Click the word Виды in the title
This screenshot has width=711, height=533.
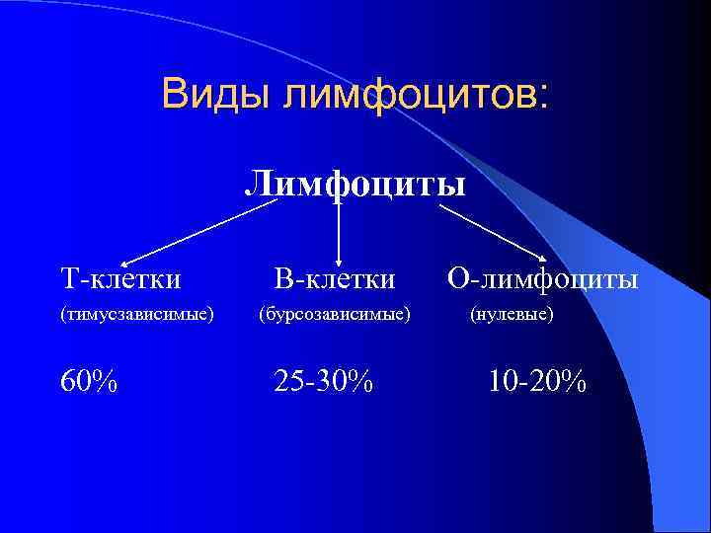[x=217, y=95]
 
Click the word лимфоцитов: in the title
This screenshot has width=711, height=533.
[x=414, y=97]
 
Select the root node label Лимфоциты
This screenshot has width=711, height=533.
[x=355, y=183]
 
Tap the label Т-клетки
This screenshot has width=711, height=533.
[x=120, y=279]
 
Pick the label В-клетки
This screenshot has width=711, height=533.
[x=335, y=279]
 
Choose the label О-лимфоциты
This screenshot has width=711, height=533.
[x=543, y=279]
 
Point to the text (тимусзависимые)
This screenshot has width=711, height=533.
[x=137, y=315]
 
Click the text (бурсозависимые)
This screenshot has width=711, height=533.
[x=335, y=315]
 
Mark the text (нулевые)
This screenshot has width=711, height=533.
[x=512, y=315]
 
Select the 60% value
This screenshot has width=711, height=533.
[x=89, y=380]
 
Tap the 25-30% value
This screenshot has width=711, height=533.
[x=324, y=380]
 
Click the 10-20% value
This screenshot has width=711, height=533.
[x=537, y=380]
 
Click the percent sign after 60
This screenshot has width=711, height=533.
[x=106, y=380]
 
